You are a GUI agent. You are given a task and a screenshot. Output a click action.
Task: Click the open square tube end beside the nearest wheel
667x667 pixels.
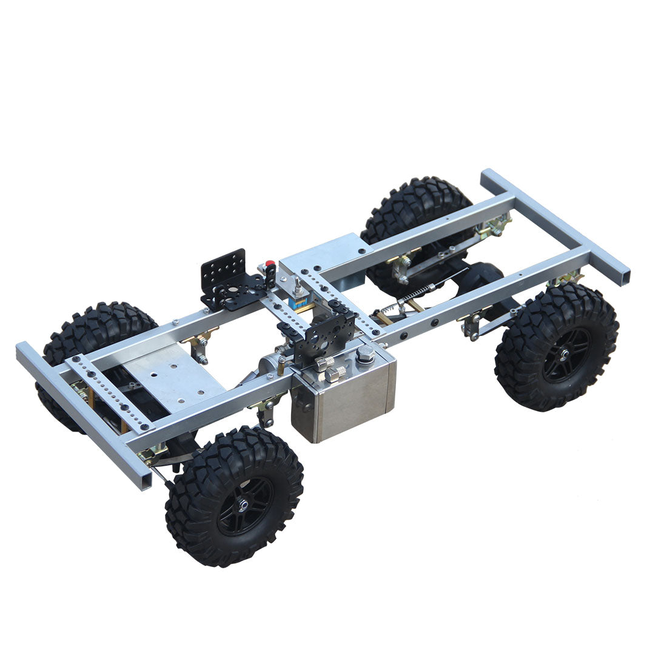pyautogui.click(x=143, y=479)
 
